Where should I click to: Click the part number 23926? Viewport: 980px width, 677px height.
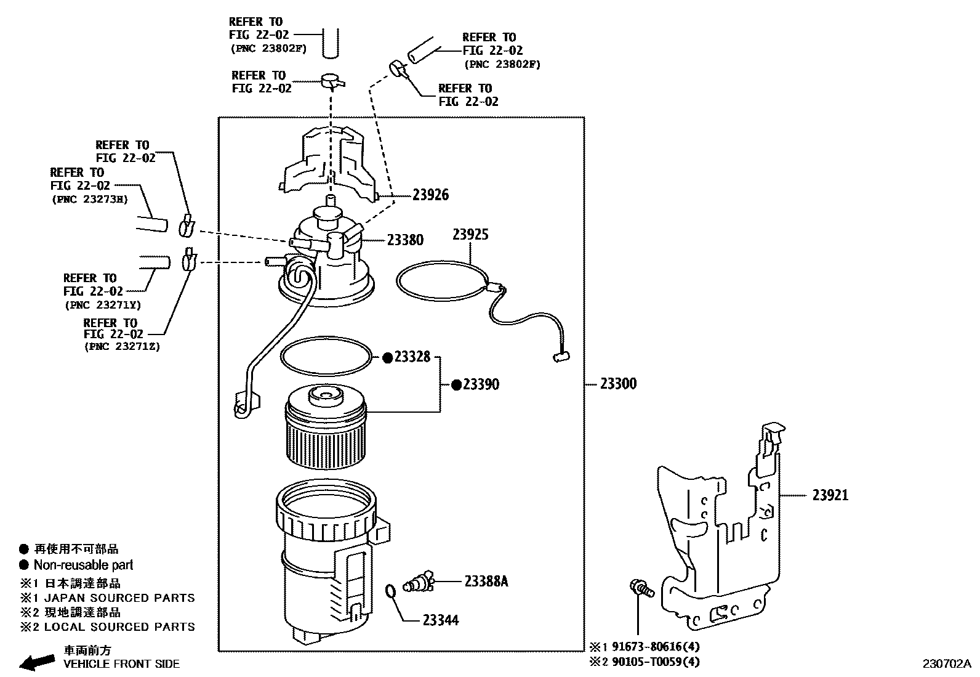click(x=430, y=195)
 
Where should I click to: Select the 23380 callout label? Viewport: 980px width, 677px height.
click(x=405, y=240)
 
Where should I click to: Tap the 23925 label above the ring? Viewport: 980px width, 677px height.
click(x=470, y=234)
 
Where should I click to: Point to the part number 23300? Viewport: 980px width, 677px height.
click(x=618, y=384)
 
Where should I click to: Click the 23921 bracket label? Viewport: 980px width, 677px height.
click(x=830, y=495)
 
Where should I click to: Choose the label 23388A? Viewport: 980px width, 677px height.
click(x=486, y=581)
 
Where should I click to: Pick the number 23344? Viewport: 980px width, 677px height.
click(x=441, y=620)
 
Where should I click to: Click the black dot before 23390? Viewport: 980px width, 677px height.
click(x=456, y=385)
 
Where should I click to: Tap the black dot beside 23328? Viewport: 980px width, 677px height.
click(x=388, y=357)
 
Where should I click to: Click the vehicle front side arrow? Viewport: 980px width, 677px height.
click(x=36, y=662)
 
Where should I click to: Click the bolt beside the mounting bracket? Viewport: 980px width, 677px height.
click(x=640, y=588)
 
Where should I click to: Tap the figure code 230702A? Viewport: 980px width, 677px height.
click(x=946, y=663)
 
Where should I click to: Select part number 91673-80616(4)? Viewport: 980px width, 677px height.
click(x=655, y=647)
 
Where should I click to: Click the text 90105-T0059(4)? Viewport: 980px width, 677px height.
click(x=655, y=662)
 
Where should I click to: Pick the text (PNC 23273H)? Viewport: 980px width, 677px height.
click(x=89, y=199)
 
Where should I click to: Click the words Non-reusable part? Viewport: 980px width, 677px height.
click(x=83, y=565)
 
